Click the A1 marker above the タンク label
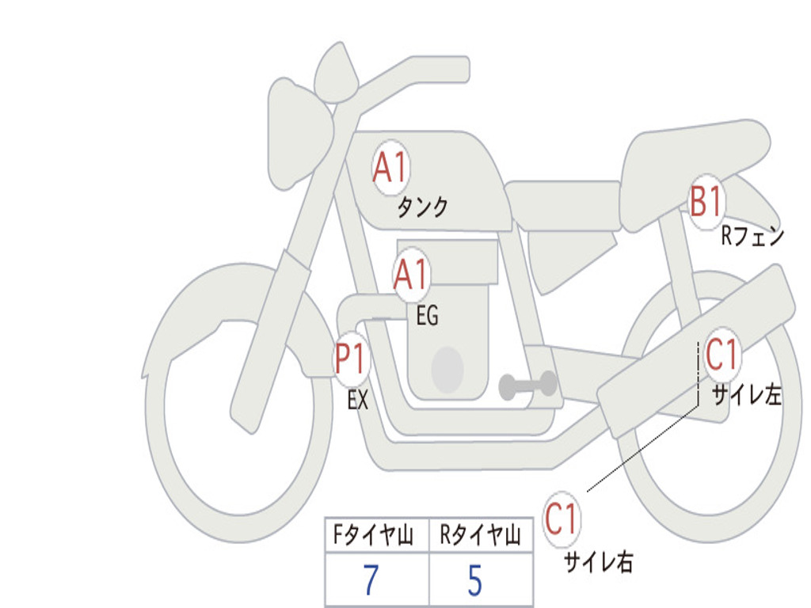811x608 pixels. (390, 168)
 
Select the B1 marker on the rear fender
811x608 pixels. (706, 202)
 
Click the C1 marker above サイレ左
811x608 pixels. (722, 355)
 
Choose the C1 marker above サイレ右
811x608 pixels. (561, 520)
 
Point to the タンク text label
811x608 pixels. (422, 207)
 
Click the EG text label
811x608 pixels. (427, 317)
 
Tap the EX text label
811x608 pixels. (358, 401)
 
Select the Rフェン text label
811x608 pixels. (752, 236)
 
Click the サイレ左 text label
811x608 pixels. (746, 395)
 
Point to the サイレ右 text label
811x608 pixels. (598, 561)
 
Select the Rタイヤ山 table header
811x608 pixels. (480, 537)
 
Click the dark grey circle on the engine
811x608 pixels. (447, 370)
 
